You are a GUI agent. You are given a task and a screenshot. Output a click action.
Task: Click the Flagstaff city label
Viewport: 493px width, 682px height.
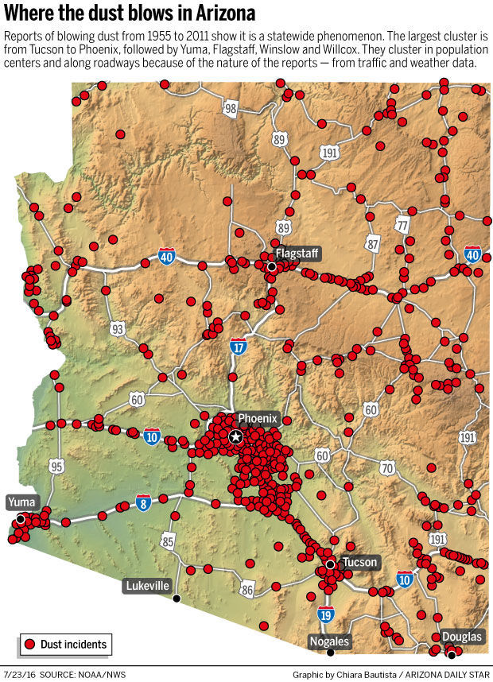tap(297, 254)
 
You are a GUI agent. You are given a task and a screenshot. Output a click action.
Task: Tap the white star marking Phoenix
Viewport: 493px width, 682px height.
tap(235, 436)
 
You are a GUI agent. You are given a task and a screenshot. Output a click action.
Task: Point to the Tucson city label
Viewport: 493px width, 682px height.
tap(359, 562)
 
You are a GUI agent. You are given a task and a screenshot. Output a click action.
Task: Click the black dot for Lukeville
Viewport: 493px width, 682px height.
tap(177, 598)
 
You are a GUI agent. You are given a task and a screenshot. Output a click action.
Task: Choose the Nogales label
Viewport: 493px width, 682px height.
tap(329, 641)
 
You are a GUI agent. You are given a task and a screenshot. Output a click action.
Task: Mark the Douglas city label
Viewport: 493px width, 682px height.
tap(462, 637)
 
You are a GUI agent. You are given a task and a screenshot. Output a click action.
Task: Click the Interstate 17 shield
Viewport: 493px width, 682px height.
tap(237, 346)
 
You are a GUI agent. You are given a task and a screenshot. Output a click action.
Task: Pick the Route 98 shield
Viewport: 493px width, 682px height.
tap(230, 109)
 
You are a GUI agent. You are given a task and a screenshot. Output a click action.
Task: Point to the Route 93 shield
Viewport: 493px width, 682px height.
tap(118, 327)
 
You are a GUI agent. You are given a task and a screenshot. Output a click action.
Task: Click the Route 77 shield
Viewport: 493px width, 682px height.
tap(402, 226)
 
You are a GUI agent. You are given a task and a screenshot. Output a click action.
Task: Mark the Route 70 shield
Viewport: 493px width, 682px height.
tap(387, 468)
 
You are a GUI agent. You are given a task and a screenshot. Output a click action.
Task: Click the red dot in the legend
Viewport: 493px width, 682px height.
tap(30, 644)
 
